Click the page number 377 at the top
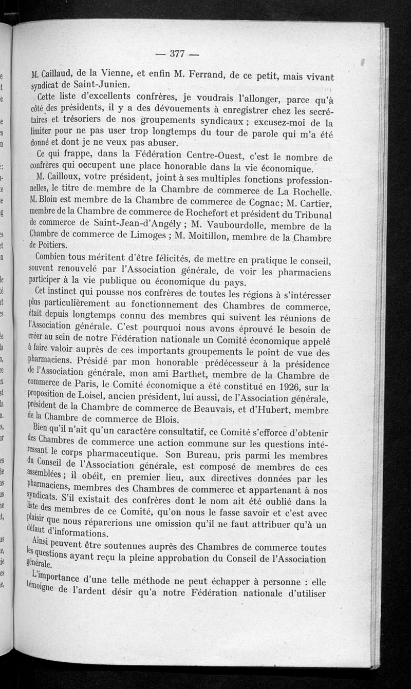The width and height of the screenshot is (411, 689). coord(177,54)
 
